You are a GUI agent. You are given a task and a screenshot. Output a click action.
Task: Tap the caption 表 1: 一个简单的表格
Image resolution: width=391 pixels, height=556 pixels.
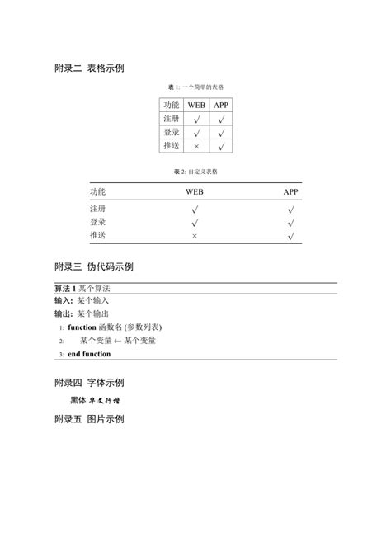point(195,87)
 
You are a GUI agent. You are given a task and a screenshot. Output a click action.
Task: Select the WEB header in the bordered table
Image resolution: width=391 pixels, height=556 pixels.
point(195,105)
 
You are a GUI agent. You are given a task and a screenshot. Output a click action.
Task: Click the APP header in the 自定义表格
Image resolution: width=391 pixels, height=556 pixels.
point(291,191)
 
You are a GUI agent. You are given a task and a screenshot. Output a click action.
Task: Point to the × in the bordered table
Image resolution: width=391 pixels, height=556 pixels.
point(196,146)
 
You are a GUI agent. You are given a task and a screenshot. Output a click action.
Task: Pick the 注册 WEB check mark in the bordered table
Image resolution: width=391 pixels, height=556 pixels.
point(196,119)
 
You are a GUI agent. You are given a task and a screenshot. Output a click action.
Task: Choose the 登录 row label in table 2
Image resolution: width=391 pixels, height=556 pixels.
point(97,222)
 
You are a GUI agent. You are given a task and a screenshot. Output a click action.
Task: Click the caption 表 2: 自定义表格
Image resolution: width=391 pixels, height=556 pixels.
point(195,171)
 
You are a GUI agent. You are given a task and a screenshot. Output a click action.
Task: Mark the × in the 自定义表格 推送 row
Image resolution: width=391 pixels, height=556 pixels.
point(195,236)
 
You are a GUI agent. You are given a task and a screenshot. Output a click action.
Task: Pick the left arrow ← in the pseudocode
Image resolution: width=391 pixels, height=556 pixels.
point(118,340)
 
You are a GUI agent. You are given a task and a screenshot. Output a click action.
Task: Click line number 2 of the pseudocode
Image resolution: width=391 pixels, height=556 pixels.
point(61,341)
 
